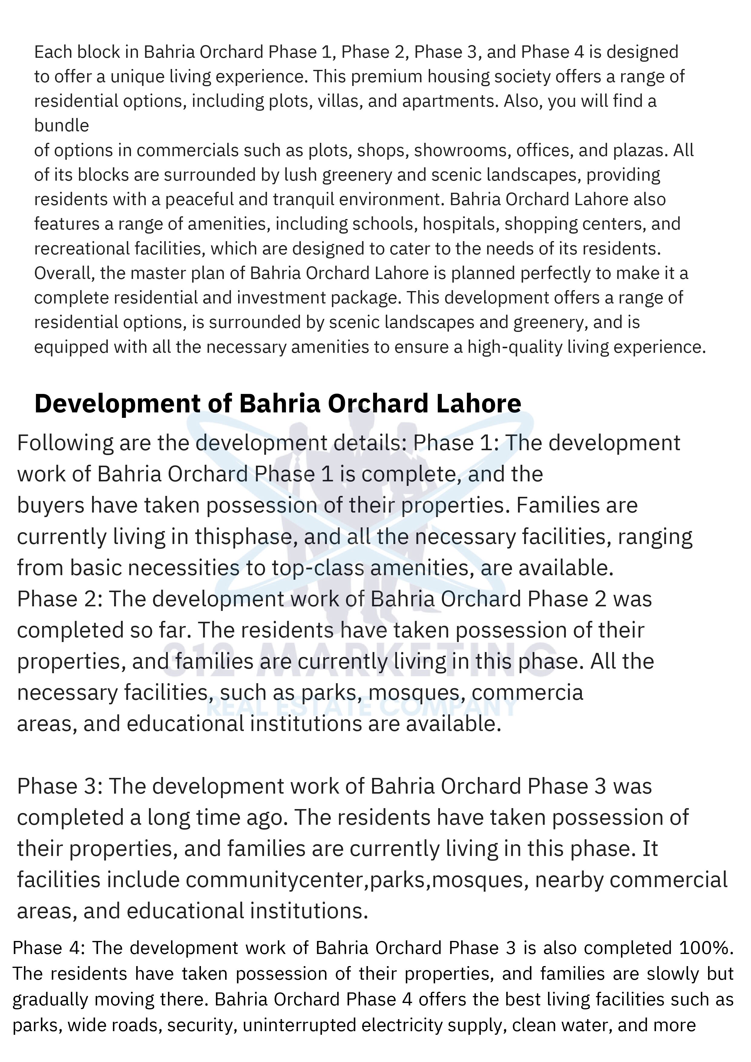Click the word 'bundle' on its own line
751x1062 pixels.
(61, 125)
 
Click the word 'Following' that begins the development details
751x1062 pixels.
(65, 443)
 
